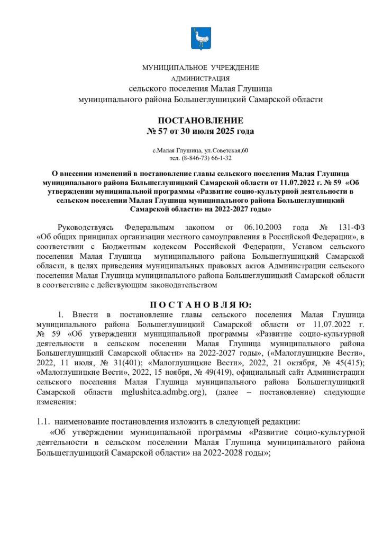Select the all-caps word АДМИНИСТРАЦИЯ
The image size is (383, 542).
point(200,79)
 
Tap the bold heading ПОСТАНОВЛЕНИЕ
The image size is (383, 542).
point(200,120)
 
